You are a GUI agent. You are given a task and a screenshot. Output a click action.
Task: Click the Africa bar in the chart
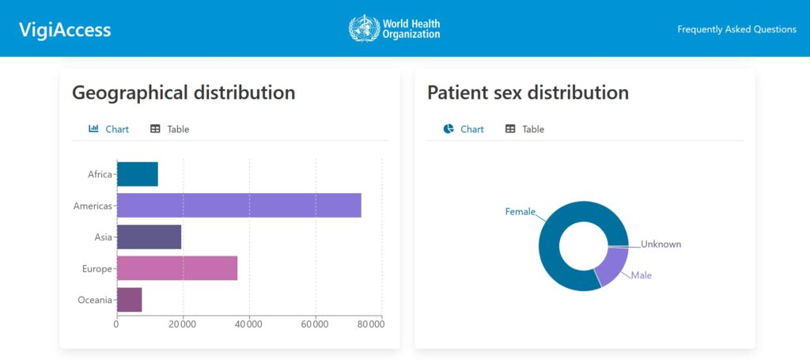click(x=137, y=174)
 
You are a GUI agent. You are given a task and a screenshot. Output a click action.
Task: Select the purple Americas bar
click(x=238, y=205)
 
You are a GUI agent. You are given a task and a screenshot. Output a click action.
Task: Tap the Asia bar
click(x=149, y=237)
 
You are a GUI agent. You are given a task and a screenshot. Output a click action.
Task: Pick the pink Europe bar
click(x=176, y=268)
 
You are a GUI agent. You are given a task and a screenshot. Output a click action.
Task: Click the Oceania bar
click(x=129, y=300)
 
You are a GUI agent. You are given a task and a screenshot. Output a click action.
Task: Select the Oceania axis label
click(x=94, y=300)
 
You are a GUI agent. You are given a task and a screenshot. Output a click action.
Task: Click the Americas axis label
click(x=93, y=206)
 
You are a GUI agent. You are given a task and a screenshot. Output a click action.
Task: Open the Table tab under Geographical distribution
click(x=170, y=129)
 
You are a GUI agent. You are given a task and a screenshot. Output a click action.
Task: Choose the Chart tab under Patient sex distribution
click(x=464, y=129)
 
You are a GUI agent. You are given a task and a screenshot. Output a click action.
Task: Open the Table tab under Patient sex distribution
click(x=525, y=129)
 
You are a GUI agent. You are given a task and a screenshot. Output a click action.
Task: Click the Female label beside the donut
click(x=520, y=211)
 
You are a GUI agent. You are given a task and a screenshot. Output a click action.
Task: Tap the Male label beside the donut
click(x=642, y=275)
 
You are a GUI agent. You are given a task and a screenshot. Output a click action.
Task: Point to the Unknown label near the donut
click(x=660, y=244)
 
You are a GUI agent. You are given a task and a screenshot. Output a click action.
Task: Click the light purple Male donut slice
click(x=611, y=266)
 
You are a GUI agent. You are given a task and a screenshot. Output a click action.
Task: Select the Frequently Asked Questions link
click(x=736, y=29)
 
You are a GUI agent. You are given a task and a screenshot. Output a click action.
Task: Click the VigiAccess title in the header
click(x=65, y=30)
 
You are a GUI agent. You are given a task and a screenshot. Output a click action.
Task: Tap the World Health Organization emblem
click(x=364, y=28)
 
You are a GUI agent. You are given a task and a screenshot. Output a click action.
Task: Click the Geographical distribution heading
click(x=184, y=93)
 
